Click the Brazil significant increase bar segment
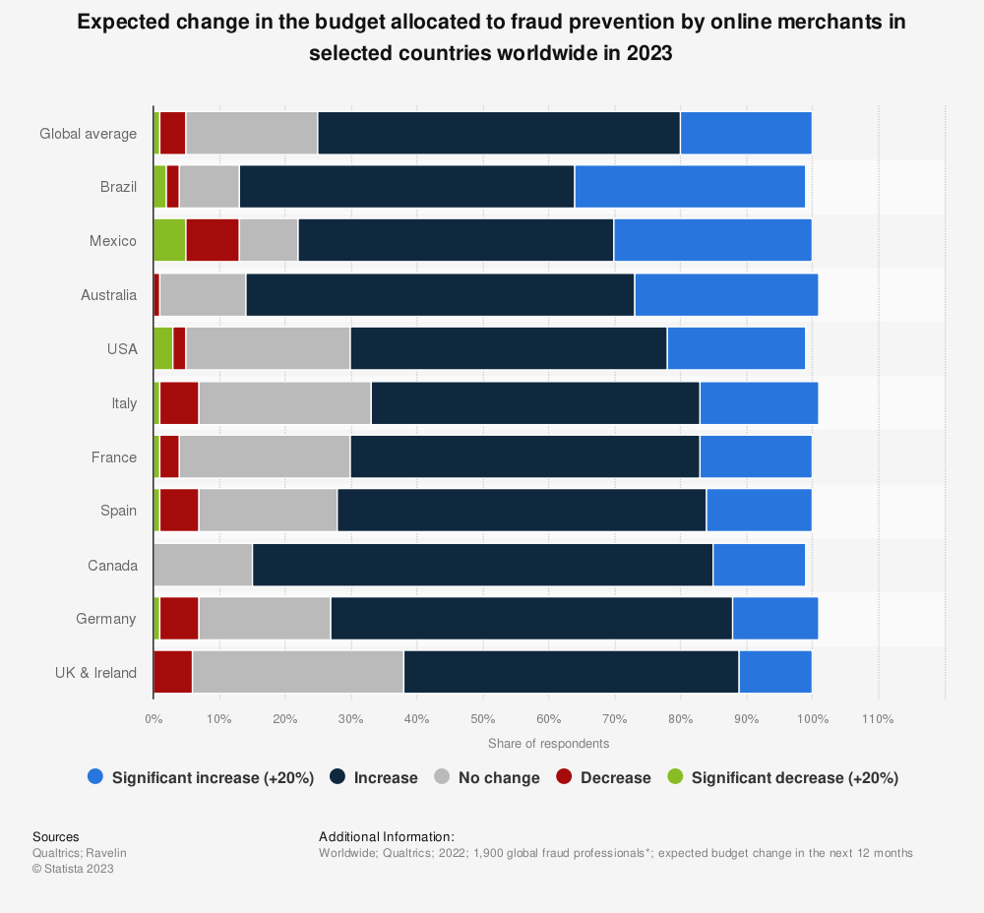click(x=690, y=187)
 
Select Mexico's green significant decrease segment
click(x=169, y=240)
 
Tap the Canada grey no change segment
click(x=203, y=565)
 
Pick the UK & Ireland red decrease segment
click(x=173, y=673)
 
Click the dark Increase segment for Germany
click(x=531, y=619)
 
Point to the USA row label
click(x=122, y=348)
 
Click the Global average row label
click(x=88, y=133)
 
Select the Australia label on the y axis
click(x=108, y=294)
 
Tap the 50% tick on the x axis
click(x=482, y=719)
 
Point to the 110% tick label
click(x=878, y=719)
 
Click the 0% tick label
click(x=154, y=719)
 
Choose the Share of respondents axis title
click(x=548, y=743)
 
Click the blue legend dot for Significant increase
click(x=94, y=777)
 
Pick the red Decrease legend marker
click(x=564, y=777)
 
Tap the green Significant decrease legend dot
click(x=675, y=777)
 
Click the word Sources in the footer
click(x=55, y=836)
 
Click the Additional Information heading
click(x=386, y=836)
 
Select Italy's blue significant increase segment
click(x=759, y=402)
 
